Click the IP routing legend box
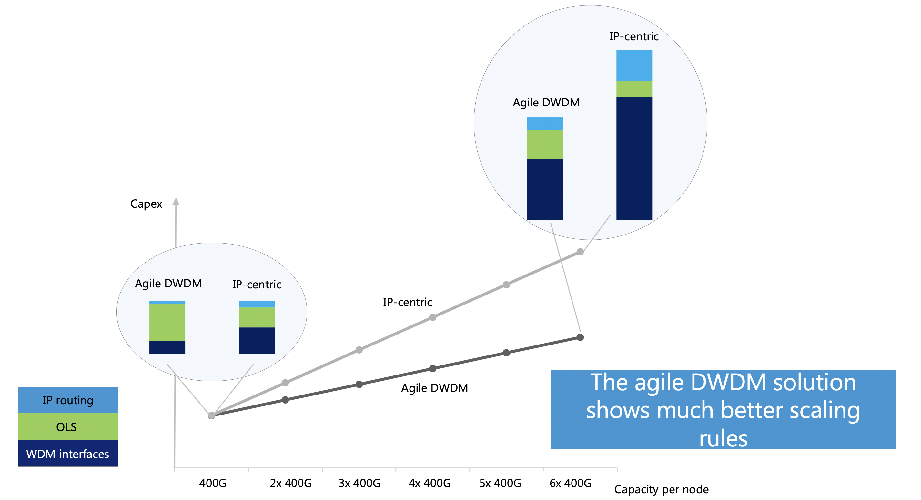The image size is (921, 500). pos(68,400)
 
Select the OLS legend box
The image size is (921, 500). pos(68,427)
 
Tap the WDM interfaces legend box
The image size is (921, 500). pos(68,454)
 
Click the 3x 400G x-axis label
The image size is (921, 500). pos(359,483)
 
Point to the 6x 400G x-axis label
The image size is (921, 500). pos(570,483)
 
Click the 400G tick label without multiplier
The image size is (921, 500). pos(213,483)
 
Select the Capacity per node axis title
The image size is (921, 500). pos(661,489)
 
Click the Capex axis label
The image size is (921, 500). pos(146,204)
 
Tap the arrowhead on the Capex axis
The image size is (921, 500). pos(176,202)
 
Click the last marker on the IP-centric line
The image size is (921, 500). pos(580,252)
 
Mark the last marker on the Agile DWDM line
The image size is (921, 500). pos(580,337)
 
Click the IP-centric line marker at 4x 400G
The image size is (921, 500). pos(433,317)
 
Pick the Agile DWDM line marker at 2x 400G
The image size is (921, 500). pos(285,400)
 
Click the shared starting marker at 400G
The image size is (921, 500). pos(212,415)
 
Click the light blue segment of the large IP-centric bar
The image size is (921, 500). pos(634,65)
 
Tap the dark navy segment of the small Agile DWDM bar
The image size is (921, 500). pos(167,347)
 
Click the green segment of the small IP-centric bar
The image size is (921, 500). pos(257,317)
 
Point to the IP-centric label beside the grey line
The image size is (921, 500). pos(407,302)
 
